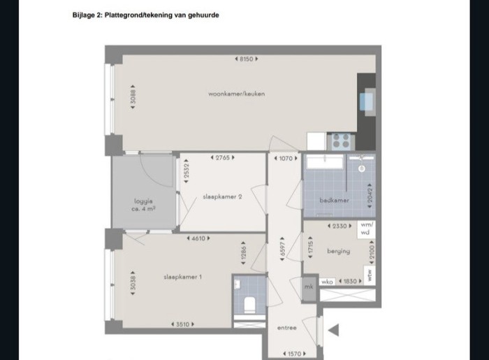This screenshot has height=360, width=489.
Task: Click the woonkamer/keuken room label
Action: tap(236, 94)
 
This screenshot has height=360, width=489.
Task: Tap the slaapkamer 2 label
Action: tap(222, 196)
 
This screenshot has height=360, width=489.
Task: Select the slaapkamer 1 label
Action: tap(182, 277)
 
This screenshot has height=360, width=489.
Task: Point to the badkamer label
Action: tap(334, 200)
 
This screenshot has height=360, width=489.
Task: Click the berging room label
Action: tap(337, 251)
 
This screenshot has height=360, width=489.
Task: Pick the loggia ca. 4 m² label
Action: tap(144, 205)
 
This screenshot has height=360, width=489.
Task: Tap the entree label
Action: tap(286, 327)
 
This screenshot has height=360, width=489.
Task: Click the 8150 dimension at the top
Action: tap(246, 59)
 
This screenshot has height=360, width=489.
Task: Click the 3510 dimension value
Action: tap(182, 324)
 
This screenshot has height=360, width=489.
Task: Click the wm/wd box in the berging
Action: tap(367, 229)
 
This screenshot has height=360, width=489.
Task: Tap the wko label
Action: tap(327, 281)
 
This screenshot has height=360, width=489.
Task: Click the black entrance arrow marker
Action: tap(333, 331)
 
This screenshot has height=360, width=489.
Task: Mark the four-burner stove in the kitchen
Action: tap(340, 141)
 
